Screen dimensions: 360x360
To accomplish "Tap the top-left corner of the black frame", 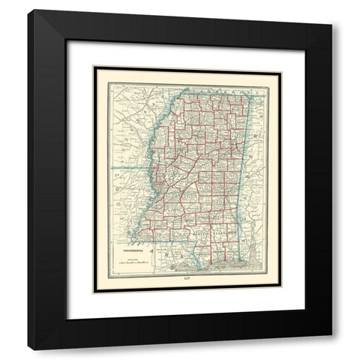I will click(x=28, y=10).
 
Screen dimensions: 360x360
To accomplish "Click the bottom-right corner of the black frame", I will click(x=331, y=349).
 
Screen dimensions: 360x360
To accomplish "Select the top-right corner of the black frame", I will click(x=331, y=10).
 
